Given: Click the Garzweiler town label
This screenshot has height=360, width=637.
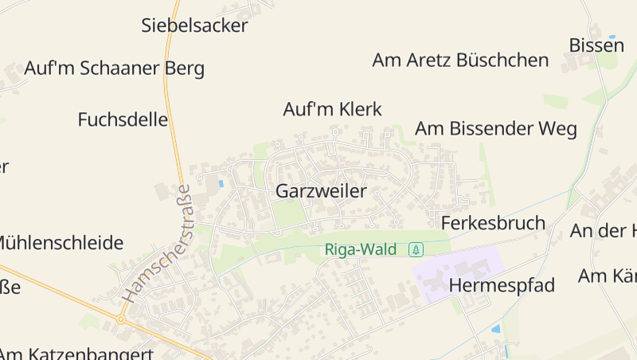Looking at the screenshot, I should (x=321, y=191).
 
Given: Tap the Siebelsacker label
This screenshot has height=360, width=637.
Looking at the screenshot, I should (x=194, y=25).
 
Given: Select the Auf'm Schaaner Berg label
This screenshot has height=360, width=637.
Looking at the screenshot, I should (x=114, y=68).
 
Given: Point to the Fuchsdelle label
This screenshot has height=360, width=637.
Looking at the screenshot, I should (x=123, y=120).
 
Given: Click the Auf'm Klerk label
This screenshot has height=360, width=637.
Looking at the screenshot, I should (x=333, y=109).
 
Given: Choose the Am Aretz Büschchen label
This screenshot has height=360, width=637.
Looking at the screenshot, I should (x=460, y=61).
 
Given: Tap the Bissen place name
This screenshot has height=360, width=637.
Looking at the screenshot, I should (x=596, y=45).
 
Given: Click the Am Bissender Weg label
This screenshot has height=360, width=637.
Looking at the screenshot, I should (x=495, y=129).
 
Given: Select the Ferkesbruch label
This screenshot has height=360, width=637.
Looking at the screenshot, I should (x=493, y=223).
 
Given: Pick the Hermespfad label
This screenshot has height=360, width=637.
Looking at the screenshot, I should (x=502, y=285).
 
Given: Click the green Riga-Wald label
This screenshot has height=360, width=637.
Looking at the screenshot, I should (x=360, y=250).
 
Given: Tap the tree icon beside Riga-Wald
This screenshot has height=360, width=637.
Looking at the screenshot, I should (x=416, y=250).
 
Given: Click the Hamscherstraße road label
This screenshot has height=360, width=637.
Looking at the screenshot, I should (x=158, y=243).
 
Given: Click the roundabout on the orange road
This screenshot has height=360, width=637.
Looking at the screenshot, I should (x=121, y=320).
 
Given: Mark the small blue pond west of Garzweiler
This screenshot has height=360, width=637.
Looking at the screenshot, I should (x=221, y=184).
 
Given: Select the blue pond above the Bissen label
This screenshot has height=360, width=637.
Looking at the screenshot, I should (x=612, y=36).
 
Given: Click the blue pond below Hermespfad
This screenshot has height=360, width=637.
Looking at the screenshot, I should (x=496, y=328).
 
